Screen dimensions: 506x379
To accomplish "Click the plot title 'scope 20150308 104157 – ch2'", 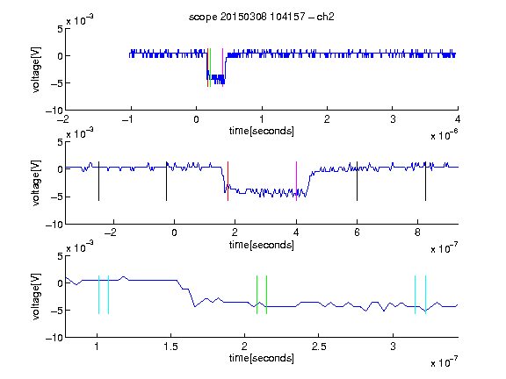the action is (262, 17).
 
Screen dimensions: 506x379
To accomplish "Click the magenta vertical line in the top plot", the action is (222, 68).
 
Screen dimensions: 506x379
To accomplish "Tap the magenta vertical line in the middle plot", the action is (296, 181).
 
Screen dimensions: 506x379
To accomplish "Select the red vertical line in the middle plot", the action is (228, 181).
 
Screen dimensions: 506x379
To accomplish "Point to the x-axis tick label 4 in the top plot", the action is (458, 119).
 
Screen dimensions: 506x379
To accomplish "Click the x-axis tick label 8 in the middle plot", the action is (417, 232).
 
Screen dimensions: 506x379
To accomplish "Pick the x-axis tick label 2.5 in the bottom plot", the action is (319, 347).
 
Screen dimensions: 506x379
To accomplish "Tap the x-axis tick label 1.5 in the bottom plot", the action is (170, 347).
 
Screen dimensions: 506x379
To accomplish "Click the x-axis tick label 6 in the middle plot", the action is (357, 232).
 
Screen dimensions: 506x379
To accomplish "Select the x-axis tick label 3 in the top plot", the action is (393, 119).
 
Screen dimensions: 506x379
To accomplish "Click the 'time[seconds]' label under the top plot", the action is (262, 131).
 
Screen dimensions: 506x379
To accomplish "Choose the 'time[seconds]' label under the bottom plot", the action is (262, 358).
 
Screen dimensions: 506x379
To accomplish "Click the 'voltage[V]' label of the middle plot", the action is (36, 182).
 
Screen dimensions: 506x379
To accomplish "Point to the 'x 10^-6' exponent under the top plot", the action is (445, 134).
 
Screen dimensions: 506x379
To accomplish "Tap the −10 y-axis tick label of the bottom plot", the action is (54, 338).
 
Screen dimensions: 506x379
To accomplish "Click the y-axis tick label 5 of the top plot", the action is (60, 29).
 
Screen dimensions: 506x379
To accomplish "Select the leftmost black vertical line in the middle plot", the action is (98, 181).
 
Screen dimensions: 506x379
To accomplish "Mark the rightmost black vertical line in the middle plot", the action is (425, 181).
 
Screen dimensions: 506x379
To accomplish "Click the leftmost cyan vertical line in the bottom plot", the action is (98, 295).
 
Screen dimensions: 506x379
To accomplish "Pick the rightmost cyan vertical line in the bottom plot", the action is (425, 295).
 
